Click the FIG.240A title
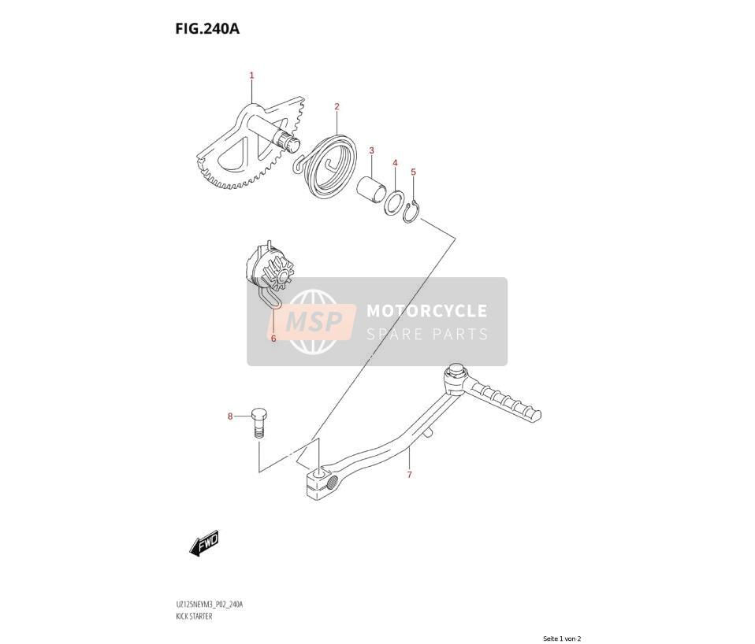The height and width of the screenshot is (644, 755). [207, 29]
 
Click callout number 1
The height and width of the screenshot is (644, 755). [251, 76]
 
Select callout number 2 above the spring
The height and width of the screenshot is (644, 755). [337, 106]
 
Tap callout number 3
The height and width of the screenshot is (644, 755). [371, 150]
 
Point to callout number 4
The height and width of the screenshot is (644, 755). [395, 163]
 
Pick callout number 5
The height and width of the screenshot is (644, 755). [413, 172]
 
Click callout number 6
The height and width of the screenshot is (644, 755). [273, 338]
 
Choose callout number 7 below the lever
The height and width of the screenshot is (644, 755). [409, 475]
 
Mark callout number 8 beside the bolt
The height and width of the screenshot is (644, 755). [230, 416]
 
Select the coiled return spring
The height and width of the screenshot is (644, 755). [327, 164]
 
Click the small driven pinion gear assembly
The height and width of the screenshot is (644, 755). [270, 272]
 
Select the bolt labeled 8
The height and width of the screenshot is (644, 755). [259, 423]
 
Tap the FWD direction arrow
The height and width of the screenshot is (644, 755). [205, 543]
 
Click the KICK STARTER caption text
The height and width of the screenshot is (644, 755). [193, 616]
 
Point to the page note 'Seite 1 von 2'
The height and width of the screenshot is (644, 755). [562, 638]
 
